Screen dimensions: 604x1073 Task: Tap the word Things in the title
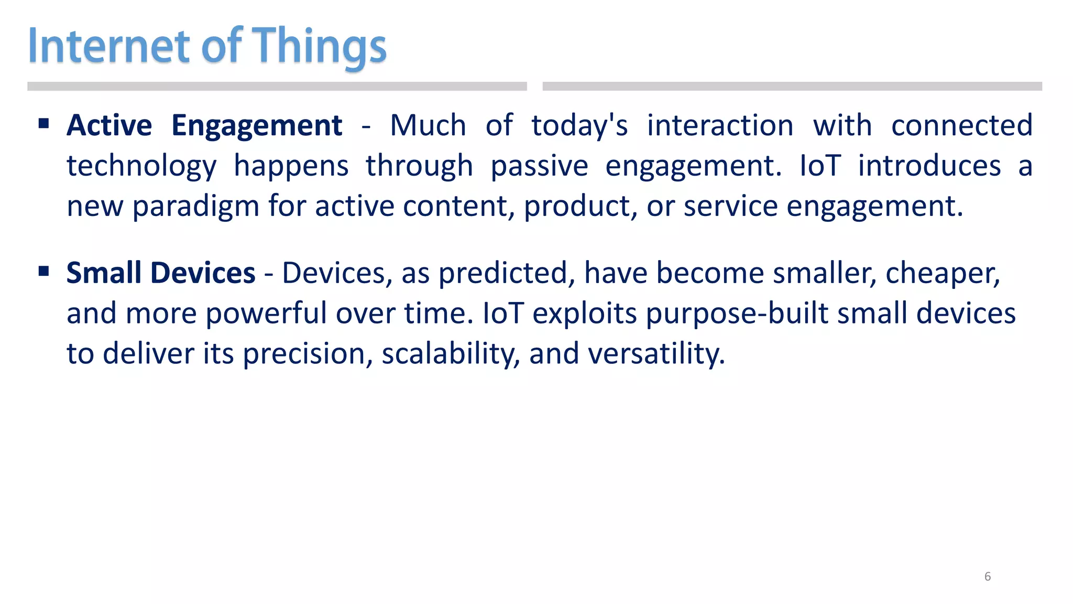click(320, 47)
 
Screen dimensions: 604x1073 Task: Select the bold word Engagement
click(257, 126)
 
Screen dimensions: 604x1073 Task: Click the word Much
click(428, 126)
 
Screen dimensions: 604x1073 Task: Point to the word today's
click(579, 126)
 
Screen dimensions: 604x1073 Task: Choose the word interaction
click(720, 126)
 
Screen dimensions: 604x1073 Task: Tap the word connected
click(961, 126)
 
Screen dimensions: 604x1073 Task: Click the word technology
click(141, 167)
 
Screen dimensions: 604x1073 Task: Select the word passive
click(539, 167)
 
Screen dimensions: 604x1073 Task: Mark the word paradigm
click(196, 207)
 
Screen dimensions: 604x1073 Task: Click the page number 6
click(988, 577)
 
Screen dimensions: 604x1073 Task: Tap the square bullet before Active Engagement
click(44, 124)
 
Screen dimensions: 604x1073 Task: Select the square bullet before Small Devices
click(44, 271)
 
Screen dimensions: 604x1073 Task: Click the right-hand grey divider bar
click(792, 87)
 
